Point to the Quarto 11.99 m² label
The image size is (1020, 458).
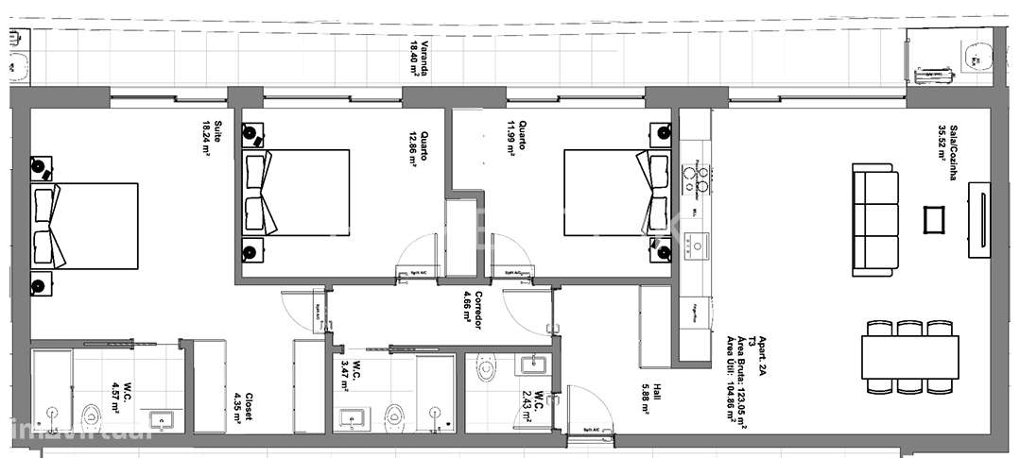[x=516, y=138]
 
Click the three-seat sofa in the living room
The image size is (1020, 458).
[x=874, y=220]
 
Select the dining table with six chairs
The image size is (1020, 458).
[x=909, y=356]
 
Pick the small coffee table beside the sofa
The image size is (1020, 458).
[x=935, y=220]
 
